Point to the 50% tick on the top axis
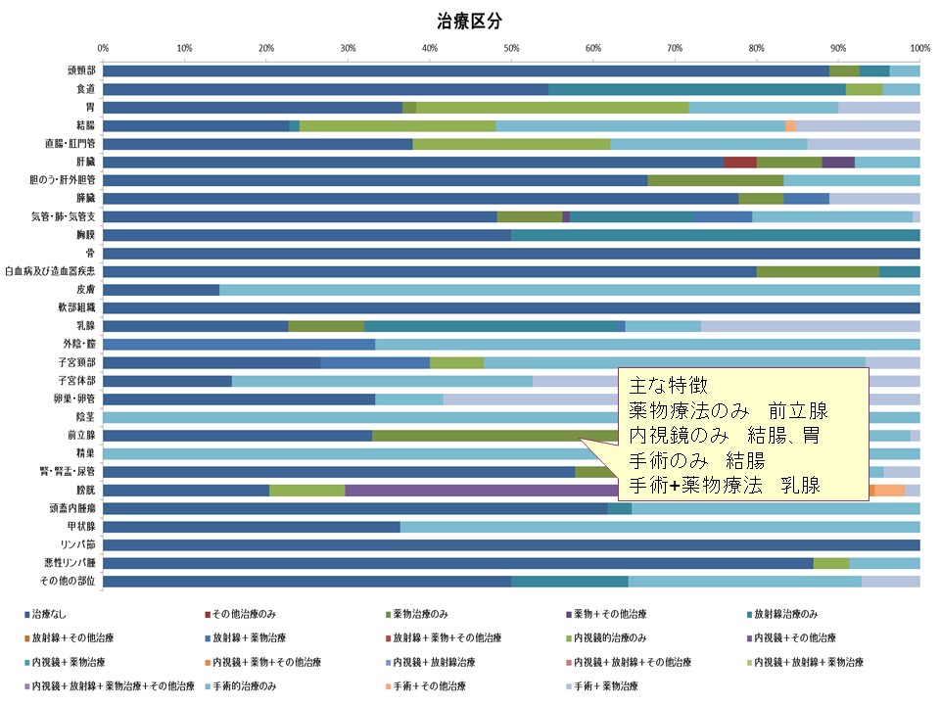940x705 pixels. click(x=511, y=47)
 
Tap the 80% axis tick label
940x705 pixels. click(x=756, y=47)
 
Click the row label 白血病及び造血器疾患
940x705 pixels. click(x=50, y=271)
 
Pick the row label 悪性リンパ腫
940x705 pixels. click(x=72, y=563)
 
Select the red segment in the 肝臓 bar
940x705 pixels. click(x=740, y=162)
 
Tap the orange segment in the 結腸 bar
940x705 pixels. click(x=790, y=125)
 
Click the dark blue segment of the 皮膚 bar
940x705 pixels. click(x=161, y=290)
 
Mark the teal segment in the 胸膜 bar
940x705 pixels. click(x=715, y=235)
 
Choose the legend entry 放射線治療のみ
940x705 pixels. click(x=784, y=614)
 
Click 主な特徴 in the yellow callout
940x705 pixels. click(x=661, y=385)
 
